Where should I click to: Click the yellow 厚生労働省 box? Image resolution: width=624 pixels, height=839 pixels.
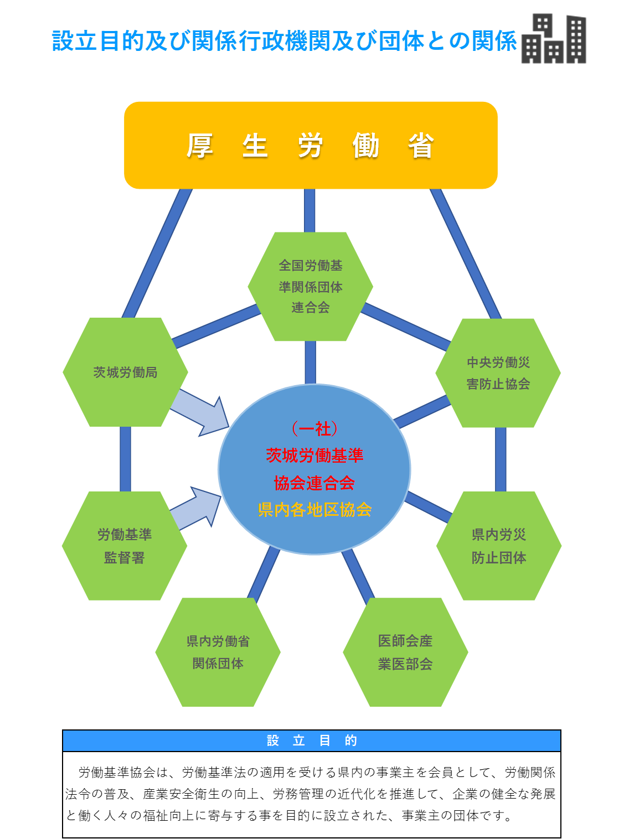coord(311,145)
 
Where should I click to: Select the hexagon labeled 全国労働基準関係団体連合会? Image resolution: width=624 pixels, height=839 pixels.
coord(310,287)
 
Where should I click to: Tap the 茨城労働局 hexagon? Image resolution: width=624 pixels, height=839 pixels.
coord(125,372)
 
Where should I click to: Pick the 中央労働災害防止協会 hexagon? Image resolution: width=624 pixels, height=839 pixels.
coord(498,372)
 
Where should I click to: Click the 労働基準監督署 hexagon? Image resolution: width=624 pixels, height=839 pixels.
coord(125,546)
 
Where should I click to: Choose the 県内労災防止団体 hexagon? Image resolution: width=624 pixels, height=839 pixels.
coord(498,546)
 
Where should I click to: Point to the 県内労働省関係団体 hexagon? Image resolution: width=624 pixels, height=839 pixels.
coord(218,652)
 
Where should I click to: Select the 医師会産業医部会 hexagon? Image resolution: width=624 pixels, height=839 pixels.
coord(405,652)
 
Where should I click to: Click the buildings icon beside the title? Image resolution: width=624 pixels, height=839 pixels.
coord(554,39)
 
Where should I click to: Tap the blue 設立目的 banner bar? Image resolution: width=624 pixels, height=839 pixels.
coord(311,740)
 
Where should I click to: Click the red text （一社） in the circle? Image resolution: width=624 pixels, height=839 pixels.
coord(314,429)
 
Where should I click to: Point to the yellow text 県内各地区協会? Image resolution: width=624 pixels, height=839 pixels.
coord(314,510)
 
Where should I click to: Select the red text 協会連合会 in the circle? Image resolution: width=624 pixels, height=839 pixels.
coord(314,483)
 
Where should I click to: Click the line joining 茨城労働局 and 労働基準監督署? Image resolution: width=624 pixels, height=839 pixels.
coord(125,459)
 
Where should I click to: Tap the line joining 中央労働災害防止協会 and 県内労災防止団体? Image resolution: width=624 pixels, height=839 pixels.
coord(501,459)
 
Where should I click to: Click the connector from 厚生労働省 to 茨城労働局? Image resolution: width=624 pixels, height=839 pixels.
coord(157,253)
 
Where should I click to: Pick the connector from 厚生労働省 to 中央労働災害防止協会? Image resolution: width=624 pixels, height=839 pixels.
coord(465,253)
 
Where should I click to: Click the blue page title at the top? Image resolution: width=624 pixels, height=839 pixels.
coord(284,41)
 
